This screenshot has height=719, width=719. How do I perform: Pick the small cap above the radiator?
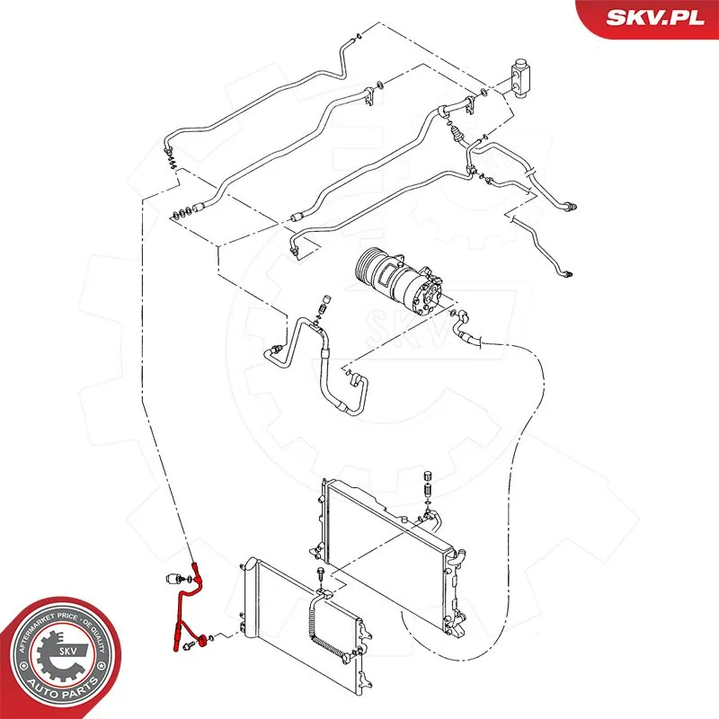pos(429,476)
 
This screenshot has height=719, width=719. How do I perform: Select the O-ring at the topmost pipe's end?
pos(359,37)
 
